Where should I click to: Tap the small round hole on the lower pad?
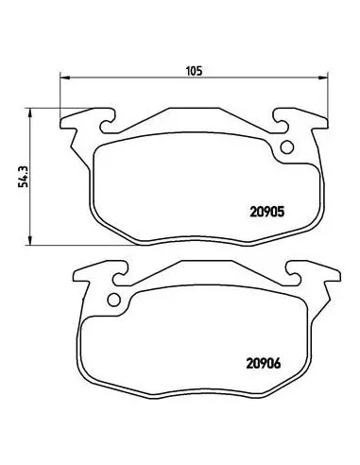click(115, 301)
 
